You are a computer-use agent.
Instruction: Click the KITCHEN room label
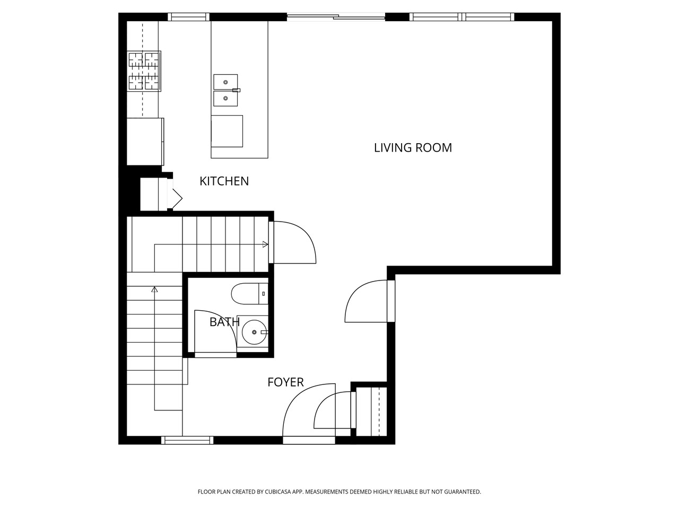224,181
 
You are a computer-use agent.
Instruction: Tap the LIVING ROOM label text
413,148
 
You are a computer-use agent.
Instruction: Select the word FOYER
285,382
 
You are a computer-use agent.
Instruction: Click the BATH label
224,322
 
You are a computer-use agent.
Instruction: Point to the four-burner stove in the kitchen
144,71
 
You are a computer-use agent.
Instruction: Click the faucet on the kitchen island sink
236,91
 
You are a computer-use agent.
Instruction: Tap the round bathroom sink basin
254,332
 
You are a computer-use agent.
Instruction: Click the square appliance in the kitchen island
227,131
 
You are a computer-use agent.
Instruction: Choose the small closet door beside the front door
332,411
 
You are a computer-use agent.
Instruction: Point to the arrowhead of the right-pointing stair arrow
265,244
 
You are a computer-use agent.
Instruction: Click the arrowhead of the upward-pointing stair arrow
154,289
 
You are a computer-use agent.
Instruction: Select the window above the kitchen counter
188,17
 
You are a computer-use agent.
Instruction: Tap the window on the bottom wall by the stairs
187,440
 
